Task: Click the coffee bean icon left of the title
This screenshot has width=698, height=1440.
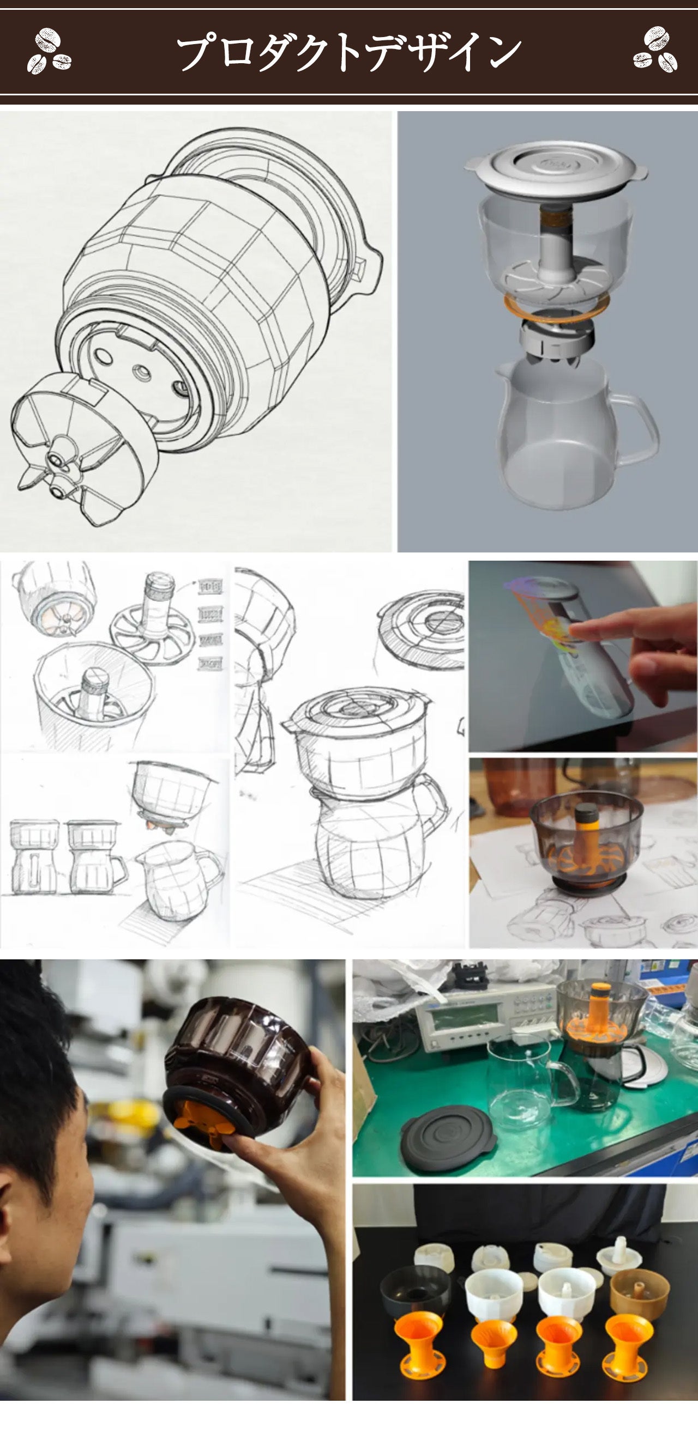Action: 49,51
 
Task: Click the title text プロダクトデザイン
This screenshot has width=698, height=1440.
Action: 349,52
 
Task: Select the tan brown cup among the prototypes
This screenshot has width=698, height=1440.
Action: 639,1291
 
